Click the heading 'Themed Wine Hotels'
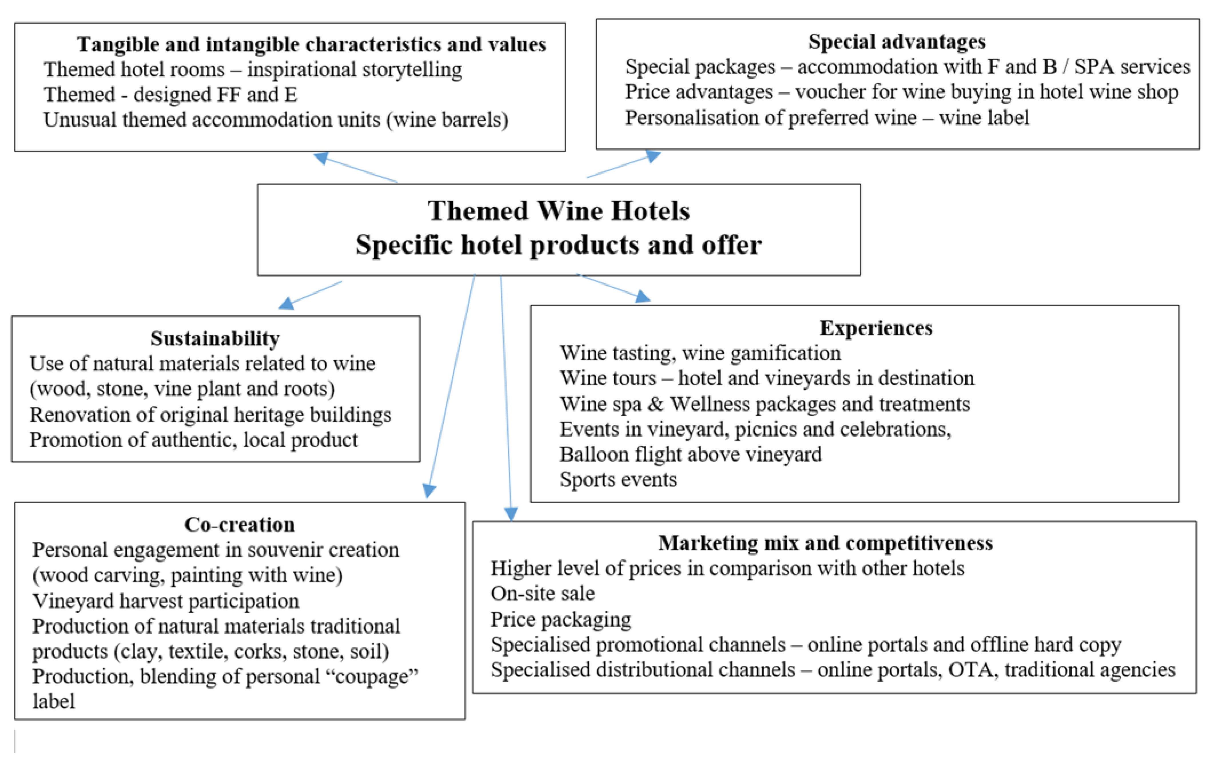pyautogui.click(x=558, y=210)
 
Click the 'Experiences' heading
pyautogui.click(x=876, y=328)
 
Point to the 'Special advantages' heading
pyautogui.click(x=896, y=42)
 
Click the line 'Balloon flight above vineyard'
pyautogui.click(x=690, y=454)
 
